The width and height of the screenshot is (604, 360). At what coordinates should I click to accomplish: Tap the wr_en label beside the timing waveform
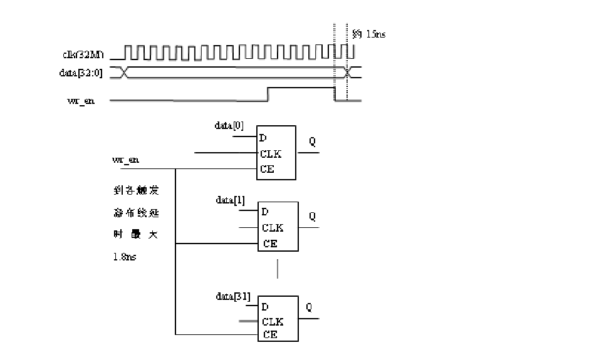point(81,101)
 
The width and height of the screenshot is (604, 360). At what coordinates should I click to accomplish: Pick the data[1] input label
point(230,200)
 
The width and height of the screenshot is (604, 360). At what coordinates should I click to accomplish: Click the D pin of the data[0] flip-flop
point(263,138)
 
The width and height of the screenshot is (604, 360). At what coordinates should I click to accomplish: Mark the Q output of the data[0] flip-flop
point(312,142)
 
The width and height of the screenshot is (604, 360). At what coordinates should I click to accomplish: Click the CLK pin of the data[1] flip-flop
point(273,228)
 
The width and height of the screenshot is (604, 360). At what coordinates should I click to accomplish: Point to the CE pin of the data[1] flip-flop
point(269,244)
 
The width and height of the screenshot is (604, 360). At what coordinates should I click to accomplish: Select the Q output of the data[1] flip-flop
point(312,217)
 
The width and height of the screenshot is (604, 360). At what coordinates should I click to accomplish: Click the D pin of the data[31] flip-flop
point(265,307)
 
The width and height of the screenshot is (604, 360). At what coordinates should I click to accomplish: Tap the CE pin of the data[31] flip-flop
point(270,334)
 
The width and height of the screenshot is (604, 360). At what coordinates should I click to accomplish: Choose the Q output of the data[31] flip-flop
point(310,307)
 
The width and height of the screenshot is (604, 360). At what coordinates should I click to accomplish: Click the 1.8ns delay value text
point(125,257)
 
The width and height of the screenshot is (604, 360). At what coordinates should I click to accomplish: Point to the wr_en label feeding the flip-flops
point(125,160)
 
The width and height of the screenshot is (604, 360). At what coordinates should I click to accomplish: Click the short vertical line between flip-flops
point(278,269)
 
